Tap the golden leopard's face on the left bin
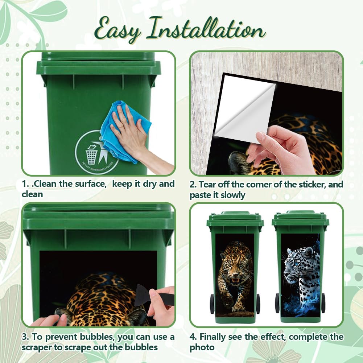coord(235,267)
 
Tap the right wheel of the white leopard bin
coord(323,303)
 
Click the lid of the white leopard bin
coord(301,218)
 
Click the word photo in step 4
coord(202,348)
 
